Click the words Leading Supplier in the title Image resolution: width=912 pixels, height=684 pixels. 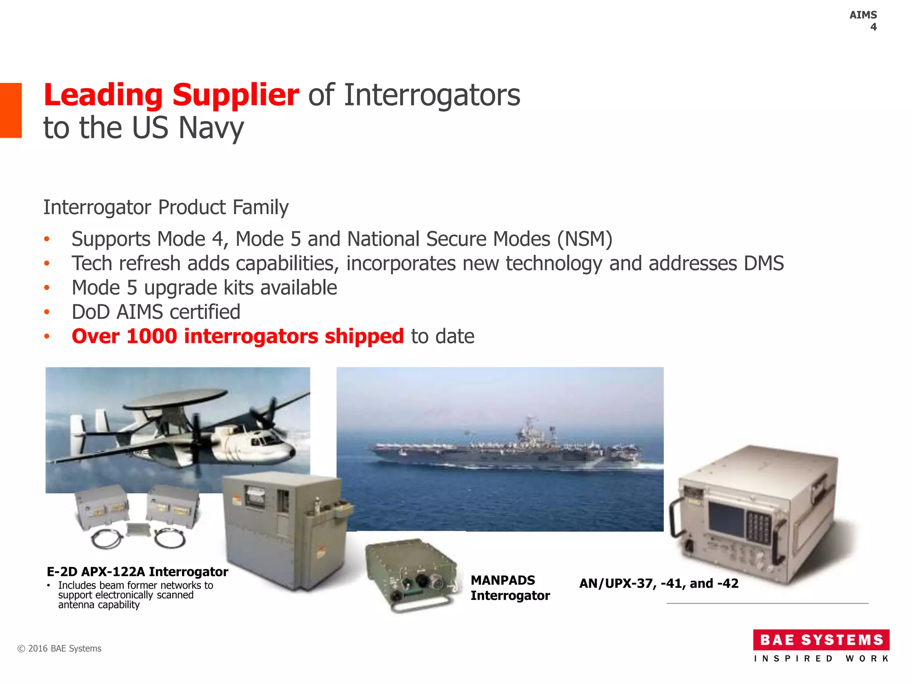(171, 95)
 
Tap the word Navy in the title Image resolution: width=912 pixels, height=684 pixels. (211, 128)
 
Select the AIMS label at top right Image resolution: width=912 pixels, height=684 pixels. (863, 15)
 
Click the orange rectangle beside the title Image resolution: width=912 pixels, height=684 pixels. (11, 110)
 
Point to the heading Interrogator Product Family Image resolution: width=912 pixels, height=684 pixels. (166, 208)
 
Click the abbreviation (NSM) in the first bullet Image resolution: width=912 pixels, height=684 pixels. (584, 239)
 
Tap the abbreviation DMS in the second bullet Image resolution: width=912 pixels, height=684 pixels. (763, 263)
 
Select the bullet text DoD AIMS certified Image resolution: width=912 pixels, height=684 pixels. (156, 312)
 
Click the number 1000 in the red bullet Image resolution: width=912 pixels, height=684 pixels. (152, 336)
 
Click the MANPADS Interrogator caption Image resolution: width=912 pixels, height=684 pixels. (510, 588)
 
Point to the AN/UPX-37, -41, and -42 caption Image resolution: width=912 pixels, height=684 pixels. (659, 583)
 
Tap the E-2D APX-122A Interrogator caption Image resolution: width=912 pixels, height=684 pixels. (137, 572)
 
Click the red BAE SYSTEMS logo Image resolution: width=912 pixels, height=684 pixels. (821, 640)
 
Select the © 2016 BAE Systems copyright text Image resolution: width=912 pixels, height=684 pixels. (59, 649)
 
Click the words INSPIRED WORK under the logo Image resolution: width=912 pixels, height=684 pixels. (821, 659)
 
